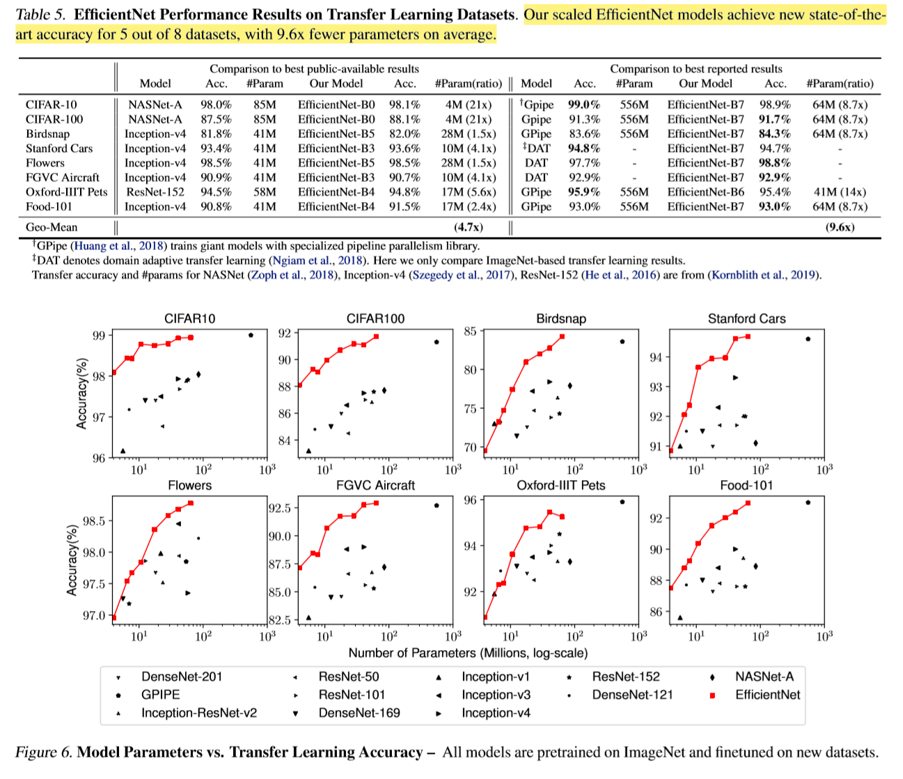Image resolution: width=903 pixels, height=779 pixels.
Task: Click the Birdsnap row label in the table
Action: coord(48,134)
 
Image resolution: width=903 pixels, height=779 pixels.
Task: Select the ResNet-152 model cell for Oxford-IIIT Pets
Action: coord(155,192)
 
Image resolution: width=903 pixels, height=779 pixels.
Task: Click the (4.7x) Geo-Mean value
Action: coord(468,227)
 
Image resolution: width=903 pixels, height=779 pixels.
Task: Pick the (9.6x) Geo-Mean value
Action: coord(840,227)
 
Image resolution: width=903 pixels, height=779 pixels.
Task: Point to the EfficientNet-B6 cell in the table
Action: coord(705,192)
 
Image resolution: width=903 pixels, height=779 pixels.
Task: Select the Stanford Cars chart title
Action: coord(746,319)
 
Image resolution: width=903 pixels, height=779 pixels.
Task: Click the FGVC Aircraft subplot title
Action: coord(375,486)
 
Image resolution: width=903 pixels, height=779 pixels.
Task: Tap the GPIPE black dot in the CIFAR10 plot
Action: coord(251,335)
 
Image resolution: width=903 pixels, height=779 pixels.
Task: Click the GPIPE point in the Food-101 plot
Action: coord(808,502)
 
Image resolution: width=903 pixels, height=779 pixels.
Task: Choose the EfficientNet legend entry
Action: coord(767,695)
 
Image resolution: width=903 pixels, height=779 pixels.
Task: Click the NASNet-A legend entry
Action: coord(764,677)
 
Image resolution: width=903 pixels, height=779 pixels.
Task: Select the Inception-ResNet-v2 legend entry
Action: coord(198,713)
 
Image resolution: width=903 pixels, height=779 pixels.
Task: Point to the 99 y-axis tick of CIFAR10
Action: coord(99,336)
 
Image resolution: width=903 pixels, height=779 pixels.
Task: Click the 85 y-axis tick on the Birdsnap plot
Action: coord(471,331)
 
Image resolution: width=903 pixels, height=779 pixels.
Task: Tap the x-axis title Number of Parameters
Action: coord(468,654)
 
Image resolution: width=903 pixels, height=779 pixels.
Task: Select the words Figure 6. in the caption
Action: coord(43,753)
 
